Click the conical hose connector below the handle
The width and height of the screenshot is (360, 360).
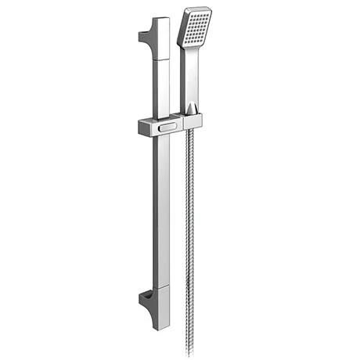193,107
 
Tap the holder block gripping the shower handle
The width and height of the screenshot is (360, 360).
192,121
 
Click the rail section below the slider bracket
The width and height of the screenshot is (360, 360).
161,211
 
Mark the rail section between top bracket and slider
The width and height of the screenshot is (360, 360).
161,86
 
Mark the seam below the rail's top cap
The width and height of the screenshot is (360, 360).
161,59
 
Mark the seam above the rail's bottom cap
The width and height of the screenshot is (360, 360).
161,287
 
